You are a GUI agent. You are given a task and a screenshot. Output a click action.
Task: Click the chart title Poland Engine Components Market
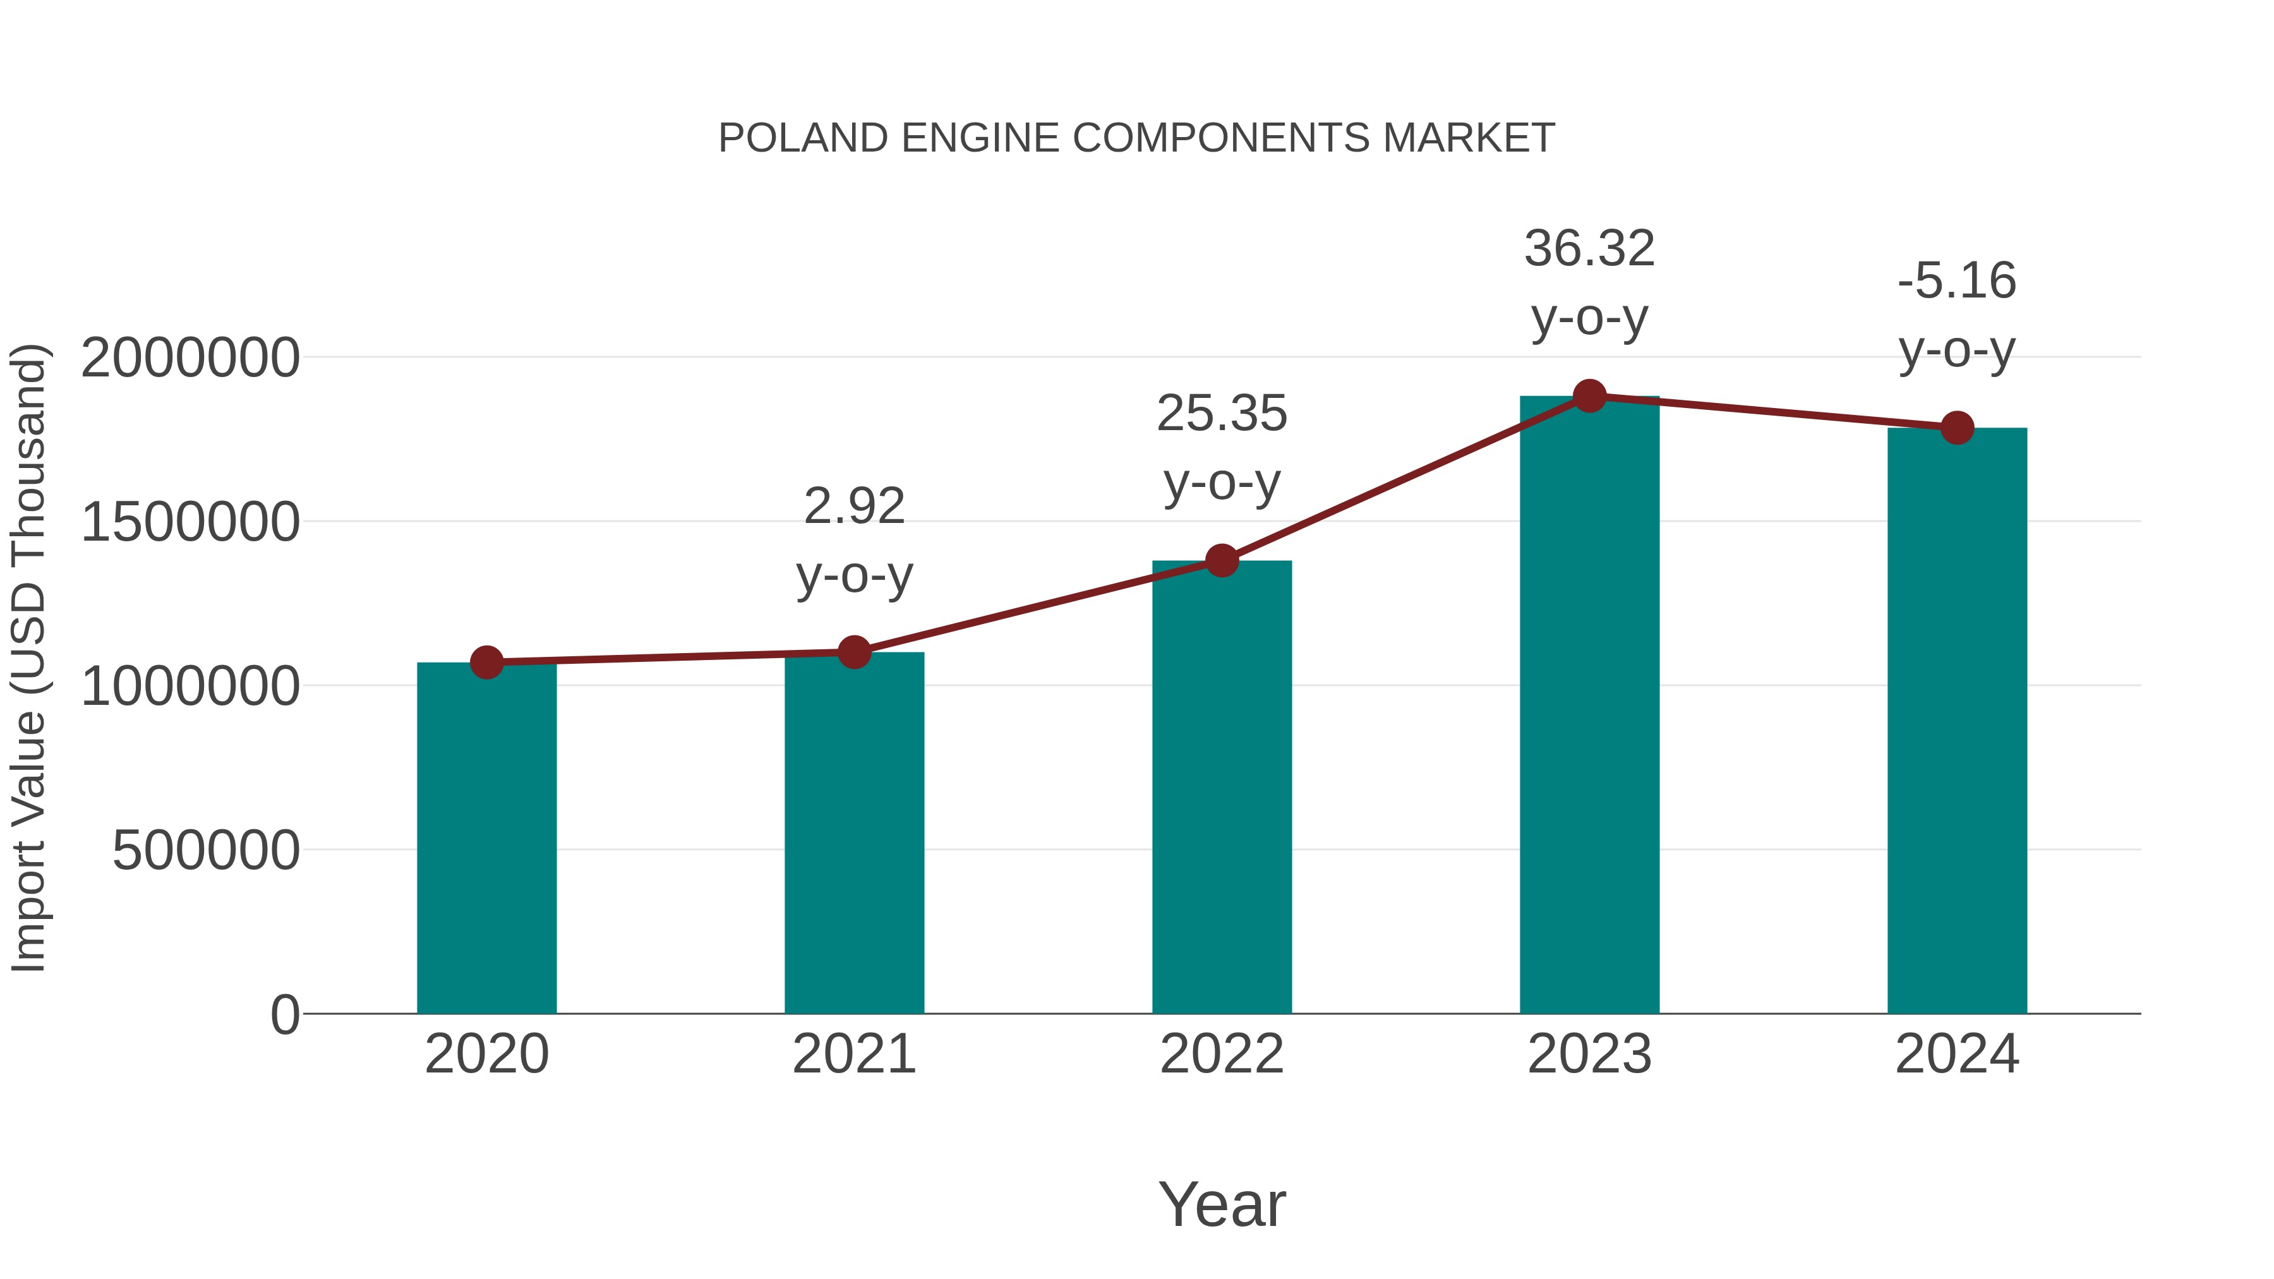[1136, 138]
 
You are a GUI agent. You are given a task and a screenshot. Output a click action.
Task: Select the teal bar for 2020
[486, 839]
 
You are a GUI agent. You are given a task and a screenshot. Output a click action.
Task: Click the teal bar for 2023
[1589, 706]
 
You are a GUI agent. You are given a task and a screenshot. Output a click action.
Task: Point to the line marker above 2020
[486, 662]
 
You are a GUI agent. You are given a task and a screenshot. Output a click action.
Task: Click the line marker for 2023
[1589, 396]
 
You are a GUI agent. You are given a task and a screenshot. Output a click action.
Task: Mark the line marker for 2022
[1222, 560]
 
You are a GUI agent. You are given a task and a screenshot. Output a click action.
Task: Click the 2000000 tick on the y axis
[189, 358]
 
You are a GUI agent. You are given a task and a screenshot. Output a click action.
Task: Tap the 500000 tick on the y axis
[206, 851]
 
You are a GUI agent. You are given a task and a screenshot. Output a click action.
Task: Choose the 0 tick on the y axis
[284, 1015]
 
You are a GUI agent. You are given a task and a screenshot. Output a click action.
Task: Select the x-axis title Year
[1222, 1205]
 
